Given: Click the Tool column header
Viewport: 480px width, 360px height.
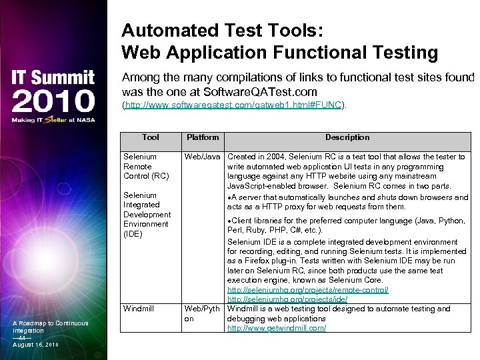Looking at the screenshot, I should (x=151, y=137).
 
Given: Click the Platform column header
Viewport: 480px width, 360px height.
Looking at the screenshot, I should (x=203, y=137).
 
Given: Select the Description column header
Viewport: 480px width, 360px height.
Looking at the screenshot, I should (x=347, y=137).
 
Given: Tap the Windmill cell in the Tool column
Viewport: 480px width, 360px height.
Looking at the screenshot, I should (x=139, y=309).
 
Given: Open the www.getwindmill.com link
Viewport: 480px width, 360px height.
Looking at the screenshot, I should (x=277, y=329).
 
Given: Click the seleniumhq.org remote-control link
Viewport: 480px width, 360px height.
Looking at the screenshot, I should (x=308, y=290).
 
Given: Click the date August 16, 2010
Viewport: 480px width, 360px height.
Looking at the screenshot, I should (x=35, y=345).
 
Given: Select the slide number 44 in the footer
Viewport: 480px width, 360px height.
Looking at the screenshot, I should (x=20, y=337).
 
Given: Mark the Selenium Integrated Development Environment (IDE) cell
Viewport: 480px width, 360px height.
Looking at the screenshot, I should (x=147, y=215).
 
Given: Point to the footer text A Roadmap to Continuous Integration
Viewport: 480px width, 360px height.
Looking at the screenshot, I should (x=50, y=327).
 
